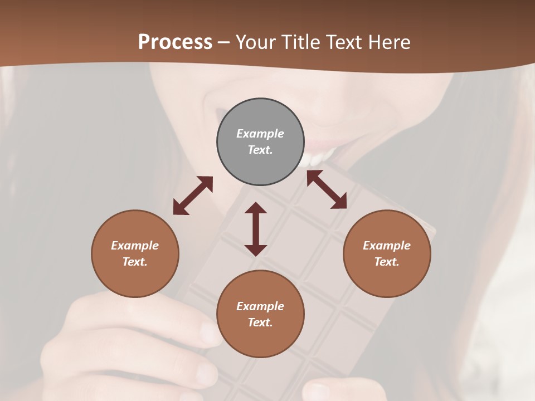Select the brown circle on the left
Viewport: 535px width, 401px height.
pos(135,253)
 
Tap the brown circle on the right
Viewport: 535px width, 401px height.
pos(387,253)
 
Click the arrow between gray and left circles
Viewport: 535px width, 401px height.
pos(193,195)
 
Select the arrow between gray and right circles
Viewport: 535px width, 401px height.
pos(327,189)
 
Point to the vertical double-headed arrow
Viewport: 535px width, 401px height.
pos(256,229)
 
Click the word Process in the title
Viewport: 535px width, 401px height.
pos(175,42)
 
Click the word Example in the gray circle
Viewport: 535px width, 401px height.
pos(260,134)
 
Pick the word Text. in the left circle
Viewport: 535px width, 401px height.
pos(135,262)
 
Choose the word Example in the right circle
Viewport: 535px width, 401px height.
pos(387,246)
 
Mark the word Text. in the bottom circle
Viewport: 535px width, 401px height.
pos(260,322)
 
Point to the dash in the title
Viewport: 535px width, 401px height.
pos(224,42)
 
